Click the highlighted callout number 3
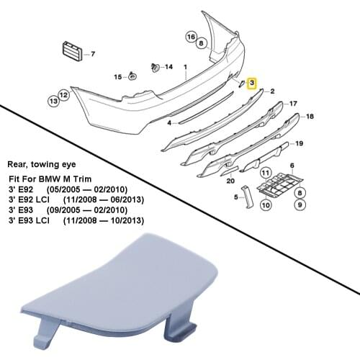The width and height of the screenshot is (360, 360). tap(252, 83)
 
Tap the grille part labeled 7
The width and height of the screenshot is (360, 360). tap(72, 52)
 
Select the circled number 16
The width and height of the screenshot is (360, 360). tap(192, 37)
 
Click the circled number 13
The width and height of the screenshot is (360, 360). tap(54, 101)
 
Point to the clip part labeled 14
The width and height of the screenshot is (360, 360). tap(156, 68)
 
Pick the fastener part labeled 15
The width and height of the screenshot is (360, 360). tap(132, 76)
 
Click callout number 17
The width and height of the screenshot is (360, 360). tap(293, 104)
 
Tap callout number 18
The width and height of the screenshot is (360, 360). tap(310, 117)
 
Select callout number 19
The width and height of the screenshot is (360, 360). tap(300, 143)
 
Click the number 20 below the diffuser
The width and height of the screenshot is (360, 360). tap(230, 181)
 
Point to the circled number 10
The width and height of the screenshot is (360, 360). tap(266, 205)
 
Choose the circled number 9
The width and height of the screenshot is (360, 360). tap(300, 204)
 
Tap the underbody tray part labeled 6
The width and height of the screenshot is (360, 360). tap(280, 184)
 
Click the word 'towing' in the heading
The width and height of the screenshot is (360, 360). tap(46, 165)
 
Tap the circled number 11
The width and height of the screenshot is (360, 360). tap(266, 173)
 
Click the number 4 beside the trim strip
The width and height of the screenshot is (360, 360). tap(170, 123)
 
